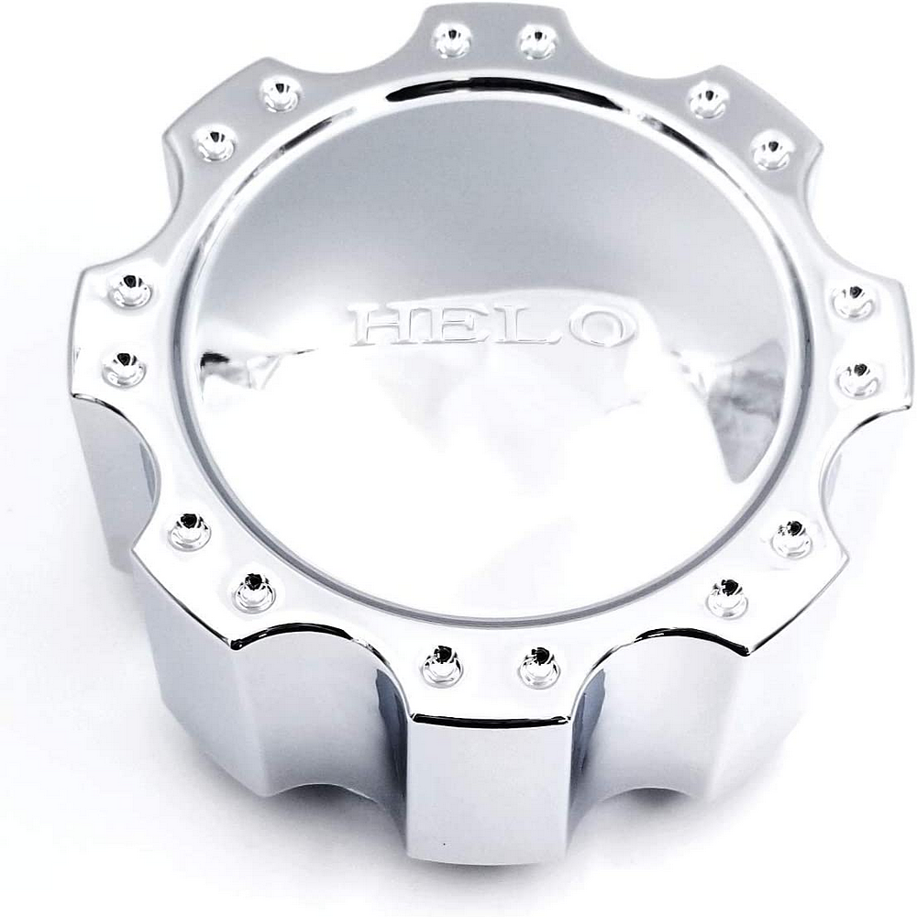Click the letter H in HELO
(x=385, y=325)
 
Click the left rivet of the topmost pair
(x=451, y=39)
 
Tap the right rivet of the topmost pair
(x=537, y=41)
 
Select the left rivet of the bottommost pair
(x=442, y=665)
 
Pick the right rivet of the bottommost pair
(x=538, y=667)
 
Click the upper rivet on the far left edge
(x=131, y=289)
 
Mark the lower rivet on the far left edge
(x=124, y=369)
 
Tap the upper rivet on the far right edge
(x=853, y=301)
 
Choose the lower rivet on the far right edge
(x=860, y=379)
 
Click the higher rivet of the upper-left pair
(x=281, y=93)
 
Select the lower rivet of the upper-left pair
(x=215, y=143)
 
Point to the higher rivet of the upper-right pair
(x=708, y=99)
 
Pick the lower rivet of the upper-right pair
(x=773, y=149)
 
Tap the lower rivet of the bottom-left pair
(x=254, y=591)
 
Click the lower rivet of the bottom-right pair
(x=727, y=598)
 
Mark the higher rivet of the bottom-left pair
(x=190, y=531)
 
